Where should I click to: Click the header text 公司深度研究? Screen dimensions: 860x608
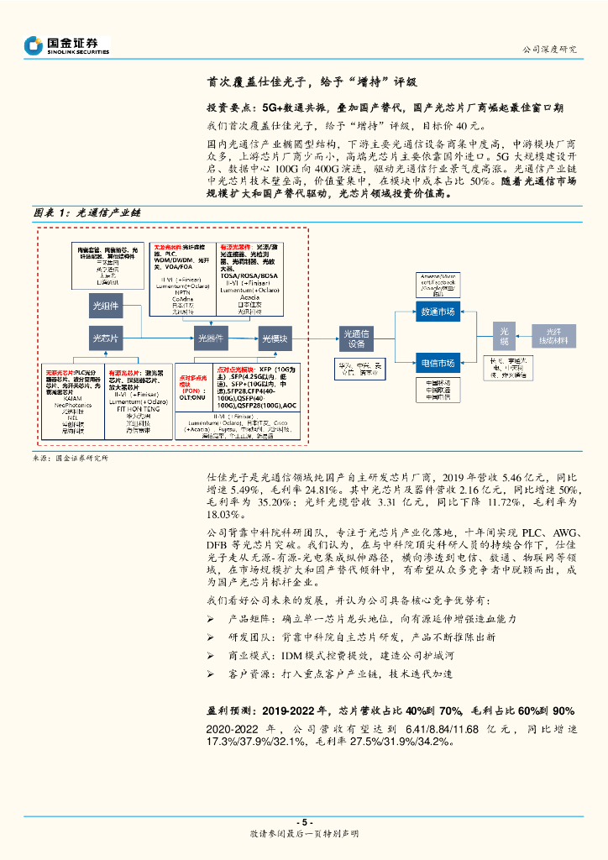coord(550,49)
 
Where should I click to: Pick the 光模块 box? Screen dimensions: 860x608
coord(275,338)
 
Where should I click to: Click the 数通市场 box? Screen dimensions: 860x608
coord(437,312)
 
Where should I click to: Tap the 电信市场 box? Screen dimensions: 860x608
coord(437,363)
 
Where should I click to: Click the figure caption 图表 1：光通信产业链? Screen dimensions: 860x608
coord(87,213)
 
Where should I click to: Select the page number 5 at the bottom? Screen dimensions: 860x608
coord(304,822)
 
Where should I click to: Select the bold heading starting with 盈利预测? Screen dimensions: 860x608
coord(390,710)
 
